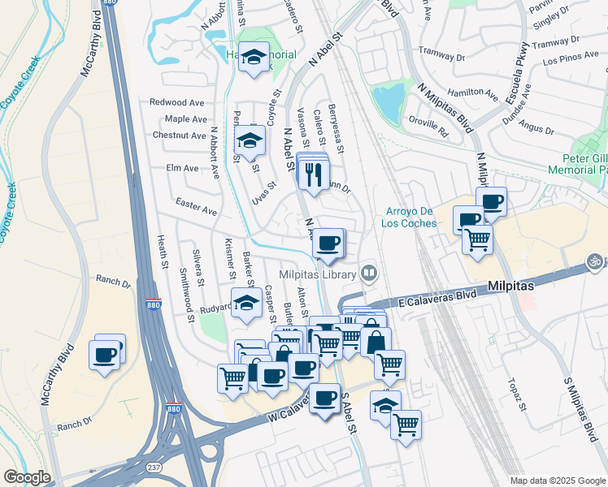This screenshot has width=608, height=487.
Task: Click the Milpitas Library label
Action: (319, 275)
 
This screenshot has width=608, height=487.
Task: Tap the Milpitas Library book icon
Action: (369, 274)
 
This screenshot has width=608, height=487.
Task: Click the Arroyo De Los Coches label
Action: (411, 218)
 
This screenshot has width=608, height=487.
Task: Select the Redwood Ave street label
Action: (176, 103)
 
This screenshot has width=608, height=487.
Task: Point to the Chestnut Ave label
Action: (179, 136)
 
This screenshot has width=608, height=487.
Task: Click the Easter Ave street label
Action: (196, 209)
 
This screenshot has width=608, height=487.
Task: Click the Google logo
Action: (28, 477)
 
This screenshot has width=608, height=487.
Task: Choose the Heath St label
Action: (162, 252)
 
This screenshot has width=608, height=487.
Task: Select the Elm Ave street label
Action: (182, 169)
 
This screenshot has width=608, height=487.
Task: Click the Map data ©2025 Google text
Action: (557, 480)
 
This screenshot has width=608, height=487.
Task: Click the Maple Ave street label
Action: (185, 119)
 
